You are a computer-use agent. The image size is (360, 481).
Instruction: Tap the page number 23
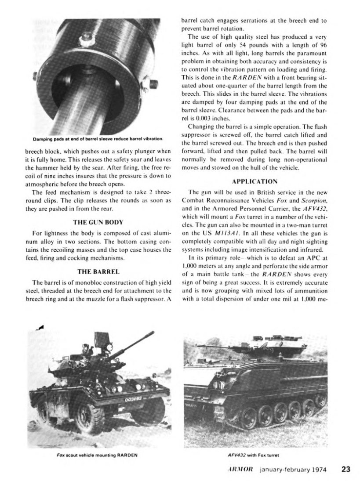click(x=345, y=469)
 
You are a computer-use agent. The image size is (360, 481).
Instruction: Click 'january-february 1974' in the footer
click(x=293, y=469)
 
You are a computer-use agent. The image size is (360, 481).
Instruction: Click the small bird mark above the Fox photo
click(x=41, y=325)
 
